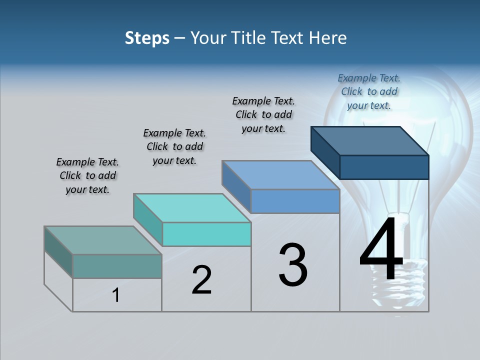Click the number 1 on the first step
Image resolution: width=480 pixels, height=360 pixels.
(x=116, y=295)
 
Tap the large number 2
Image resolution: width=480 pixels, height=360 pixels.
(x=201, y=279)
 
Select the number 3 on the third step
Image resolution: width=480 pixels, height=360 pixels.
(x=292, y=265)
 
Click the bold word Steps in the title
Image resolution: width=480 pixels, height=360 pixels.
(x=147, y=38)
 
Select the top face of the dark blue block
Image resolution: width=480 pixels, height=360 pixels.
(x=370, y=140)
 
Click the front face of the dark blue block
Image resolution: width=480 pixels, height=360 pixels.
(x=384, y=167)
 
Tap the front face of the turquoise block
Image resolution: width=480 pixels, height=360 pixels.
(x=206, y=234)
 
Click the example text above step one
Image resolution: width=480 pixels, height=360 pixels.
(x=87, y=176)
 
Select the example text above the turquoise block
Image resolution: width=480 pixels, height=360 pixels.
(x=174, y=146)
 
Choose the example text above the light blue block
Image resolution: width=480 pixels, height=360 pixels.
(x=263, y=114)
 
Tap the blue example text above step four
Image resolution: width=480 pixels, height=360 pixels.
(x=369, y=91)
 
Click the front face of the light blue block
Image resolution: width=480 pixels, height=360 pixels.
(x=295, y=201)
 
